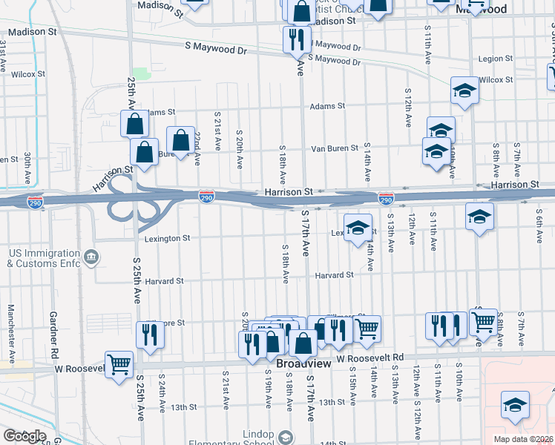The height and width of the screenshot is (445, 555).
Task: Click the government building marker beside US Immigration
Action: tap(91, 257)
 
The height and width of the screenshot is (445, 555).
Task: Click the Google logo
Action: tap(24, 436)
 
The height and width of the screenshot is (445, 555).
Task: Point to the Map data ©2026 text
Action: tap(524, 439)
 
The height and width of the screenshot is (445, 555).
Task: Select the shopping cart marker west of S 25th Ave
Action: tap(119, 364)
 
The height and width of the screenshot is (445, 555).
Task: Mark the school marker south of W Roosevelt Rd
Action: tap(514, 404)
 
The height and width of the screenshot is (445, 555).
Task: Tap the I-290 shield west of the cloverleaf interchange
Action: tap(35, 201)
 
